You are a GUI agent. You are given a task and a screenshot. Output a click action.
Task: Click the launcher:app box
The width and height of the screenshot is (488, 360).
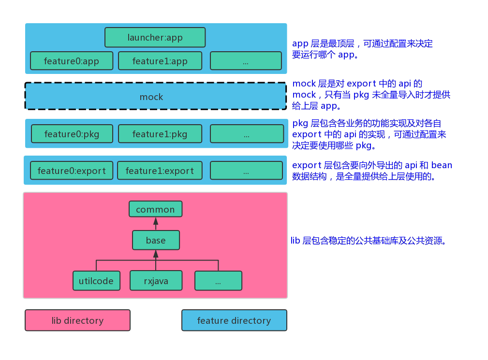(x=155, y=37)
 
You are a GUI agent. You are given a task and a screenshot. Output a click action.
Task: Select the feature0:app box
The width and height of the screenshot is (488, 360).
(x=72, y=60)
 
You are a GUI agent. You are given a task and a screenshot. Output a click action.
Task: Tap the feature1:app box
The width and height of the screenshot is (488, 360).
(x=160, y=60)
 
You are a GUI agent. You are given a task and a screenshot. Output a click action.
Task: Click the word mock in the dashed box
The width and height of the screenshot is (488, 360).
(x=151, y=97)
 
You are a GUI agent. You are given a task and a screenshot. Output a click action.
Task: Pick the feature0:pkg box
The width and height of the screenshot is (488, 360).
(x=72, y=134)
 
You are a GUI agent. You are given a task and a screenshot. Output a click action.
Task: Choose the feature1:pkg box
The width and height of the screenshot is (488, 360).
(x=160, y=134)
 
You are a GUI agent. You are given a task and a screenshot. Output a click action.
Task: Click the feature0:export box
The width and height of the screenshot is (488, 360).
(x=72, y=171)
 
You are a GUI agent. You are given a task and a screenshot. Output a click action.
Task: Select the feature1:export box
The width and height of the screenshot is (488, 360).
(x=160, y=171)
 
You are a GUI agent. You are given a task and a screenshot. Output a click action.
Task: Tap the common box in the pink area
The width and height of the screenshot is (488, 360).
(x=156, y=209)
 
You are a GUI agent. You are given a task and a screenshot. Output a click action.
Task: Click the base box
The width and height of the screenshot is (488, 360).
(x=156, y=240)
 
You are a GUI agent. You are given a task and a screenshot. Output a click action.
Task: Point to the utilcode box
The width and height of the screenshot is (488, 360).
(x=96, y=281)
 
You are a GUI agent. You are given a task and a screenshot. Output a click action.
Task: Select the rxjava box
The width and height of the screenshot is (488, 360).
(x=156, y=281)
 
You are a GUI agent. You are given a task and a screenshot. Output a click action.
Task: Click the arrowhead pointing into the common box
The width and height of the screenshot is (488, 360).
(x=156, y=221)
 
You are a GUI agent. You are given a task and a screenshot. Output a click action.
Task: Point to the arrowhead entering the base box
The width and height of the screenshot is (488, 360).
(x=156, y=254)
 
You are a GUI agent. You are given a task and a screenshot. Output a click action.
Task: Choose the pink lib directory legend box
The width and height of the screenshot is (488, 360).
(x=77, y=320)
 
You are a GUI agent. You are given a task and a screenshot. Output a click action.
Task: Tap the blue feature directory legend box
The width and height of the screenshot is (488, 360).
(x=235, y=320)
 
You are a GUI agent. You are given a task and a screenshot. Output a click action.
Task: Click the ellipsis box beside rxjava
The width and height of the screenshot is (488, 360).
(x=218, y=281)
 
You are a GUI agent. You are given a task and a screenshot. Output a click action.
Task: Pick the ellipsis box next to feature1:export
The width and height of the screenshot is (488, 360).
(x=246, y=171)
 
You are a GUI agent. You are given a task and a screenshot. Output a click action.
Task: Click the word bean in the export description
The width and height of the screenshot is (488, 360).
(x=442, y=165)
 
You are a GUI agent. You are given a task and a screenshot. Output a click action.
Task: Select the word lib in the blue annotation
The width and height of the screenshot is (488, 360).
(x=295, y=241)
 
